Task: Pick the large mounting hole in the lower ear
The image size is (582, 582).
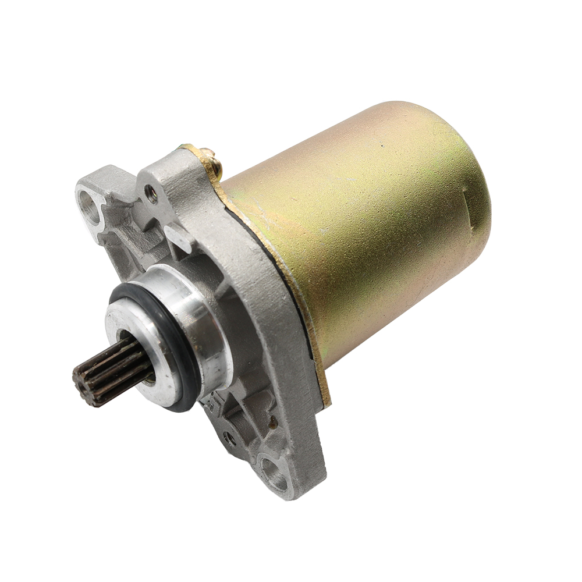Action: (x=274, y=469)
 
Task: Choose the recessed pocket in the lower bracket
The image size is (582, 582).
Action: (x=244, y=402)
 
